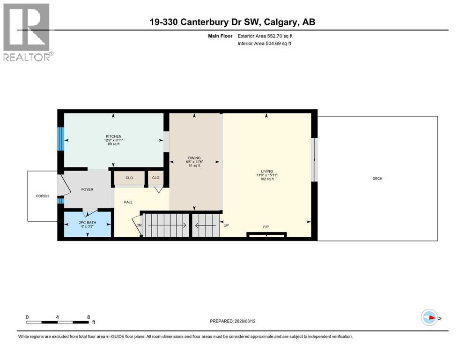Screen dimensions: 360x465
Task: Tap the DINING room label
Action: (x=194, y=157)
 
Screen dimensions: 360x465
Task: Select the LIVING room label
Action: (x=266, y=172)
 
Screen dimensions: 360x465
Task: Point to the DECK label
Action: (x=377, y=179)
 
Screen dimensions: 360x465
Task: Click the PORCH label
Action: (x=42, y=196)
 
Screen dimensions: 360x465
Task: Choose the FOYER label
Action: (x=87, y=190)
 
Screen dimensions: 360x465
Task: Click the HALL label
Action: (x=128, y=202)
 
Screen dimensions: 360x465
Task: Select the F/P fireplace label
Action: (x=266, y=227)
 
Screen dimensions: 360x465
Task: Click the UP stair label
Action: (x=226, y=225)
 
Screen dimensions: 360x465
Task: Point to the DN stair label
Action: (x=139, y=225)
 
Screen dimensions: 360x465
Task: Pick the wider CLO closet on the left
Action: (x=129, y=178)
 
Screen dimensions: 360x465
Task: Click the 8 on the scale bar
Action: (x=89, y=317)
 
